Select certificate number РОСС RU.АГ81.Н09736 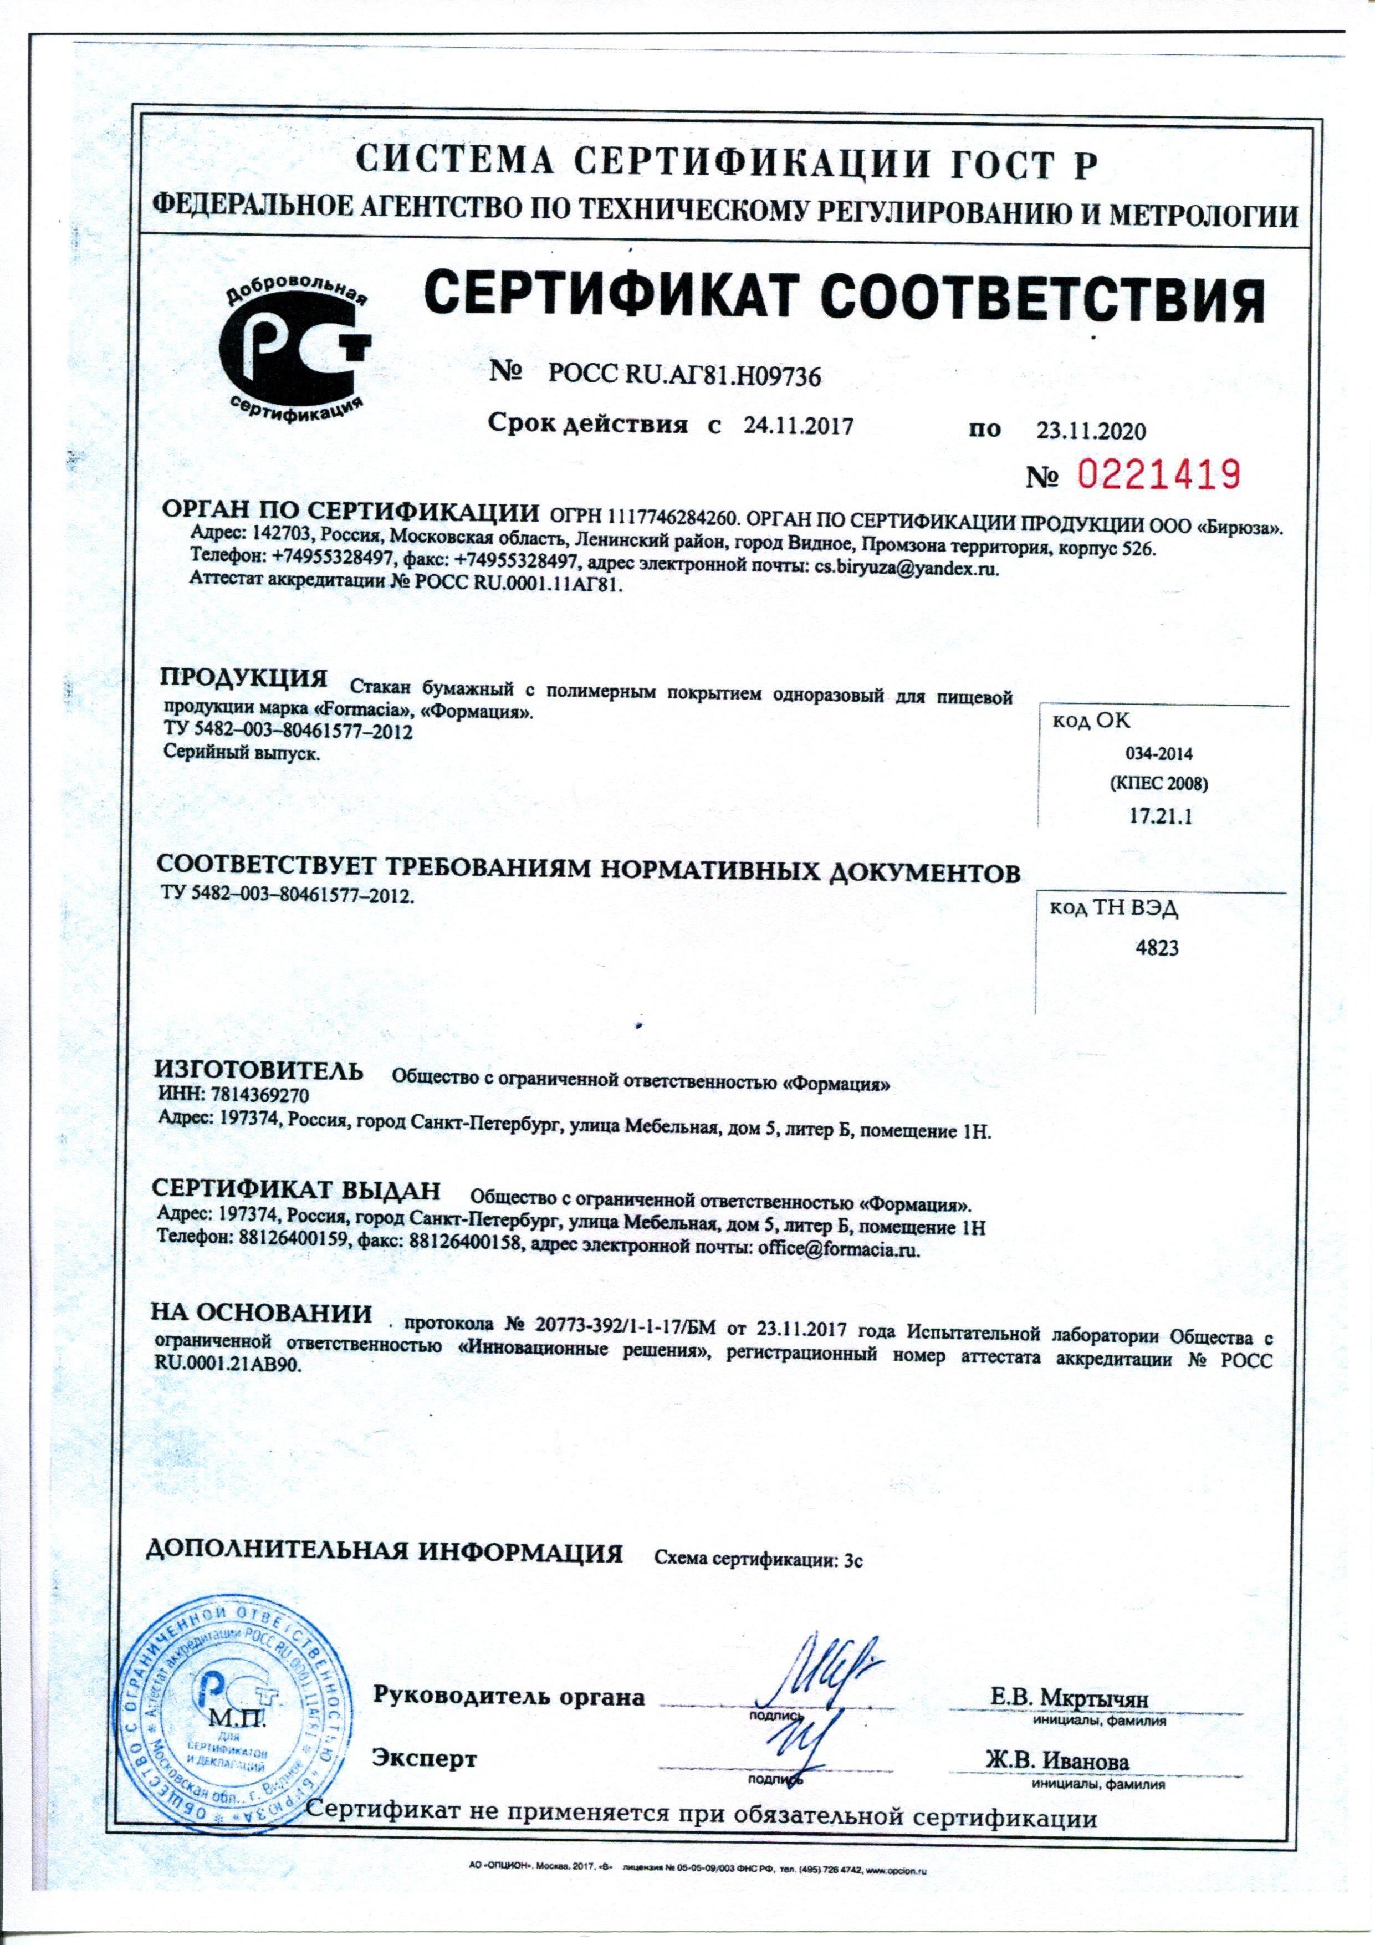(684, 375)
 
